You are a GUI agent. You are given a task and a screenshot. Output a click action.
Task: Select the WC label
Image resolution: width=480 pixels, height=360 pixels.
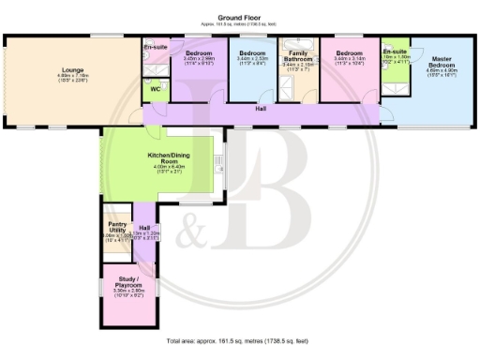tap(154, 90)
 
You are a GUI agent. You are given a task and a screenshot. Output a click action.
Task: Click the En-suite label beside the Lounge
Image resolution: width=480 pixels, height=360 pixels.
tap(154, 46)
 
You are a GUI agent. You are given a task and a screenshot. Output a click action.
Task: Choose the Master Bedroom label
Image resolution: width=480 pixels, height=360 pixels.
tap(440, 62)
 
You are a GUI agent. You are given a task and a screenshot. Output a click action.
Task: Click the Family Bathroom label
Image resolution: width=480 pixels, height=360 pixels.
tap(297, 57)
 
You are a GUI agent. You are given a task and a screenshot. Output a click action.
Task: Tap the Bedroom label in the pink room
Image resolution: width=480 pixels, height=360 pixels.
tap(349, 52)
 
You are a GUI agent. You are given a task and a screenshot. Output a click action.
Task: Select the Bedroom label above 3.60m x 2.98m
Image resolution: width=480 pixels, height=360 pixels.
tap(199, 52)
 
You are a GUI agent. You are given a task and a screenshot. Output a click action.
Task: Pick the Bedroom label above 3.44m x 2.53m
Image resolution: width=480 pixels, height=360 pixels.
tap(252, 52)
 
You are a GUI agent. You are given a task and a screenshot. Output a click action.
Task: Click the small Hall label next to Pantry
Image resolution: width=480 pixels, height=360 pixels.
tap(143, 227)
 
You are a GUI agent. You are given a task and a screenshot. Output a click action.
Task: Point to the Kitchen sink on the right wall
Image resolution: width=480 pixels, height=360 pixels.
tap(219, 164)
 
